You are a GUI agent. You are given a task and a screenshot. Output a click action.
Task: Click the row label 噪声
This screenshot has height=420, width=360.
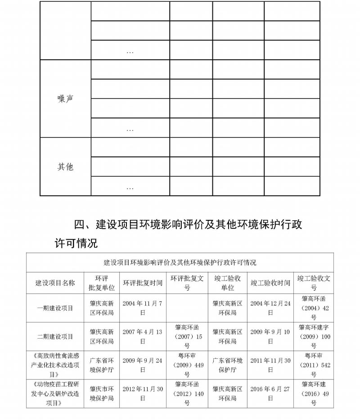tap(65, 99)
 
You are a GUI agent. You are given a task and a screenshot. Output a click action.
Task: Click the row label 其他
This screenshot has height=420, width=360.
tap(65, 167)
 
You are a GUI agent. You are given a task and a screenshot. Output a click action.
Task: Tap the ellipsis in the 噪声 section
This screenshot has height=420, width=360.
tap(130, 130)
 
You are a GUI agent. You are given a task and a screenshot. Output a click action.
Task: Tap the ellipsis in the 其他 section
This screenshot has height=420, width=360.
tap(130, 188)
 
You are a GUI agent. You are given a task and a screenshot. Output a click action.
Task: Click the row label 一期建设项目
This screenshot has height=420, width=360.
tap(55, 308)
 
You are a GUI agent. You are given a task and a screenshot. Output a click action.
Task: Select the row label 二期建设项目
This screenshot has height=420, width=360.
tap(55, 336)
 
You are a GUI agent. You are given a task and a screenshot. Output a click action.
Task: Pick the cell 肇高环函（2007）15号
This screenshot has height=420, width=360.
tap(187, 336)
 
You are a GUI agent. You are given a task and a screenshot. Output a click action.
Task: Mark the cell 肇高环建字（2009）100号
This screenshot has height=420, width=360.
tap(314, 336)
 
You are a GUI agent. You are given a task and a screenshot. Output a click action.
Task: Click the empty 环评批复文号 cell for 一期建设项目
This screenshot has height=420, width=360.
tap(187, 308)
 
